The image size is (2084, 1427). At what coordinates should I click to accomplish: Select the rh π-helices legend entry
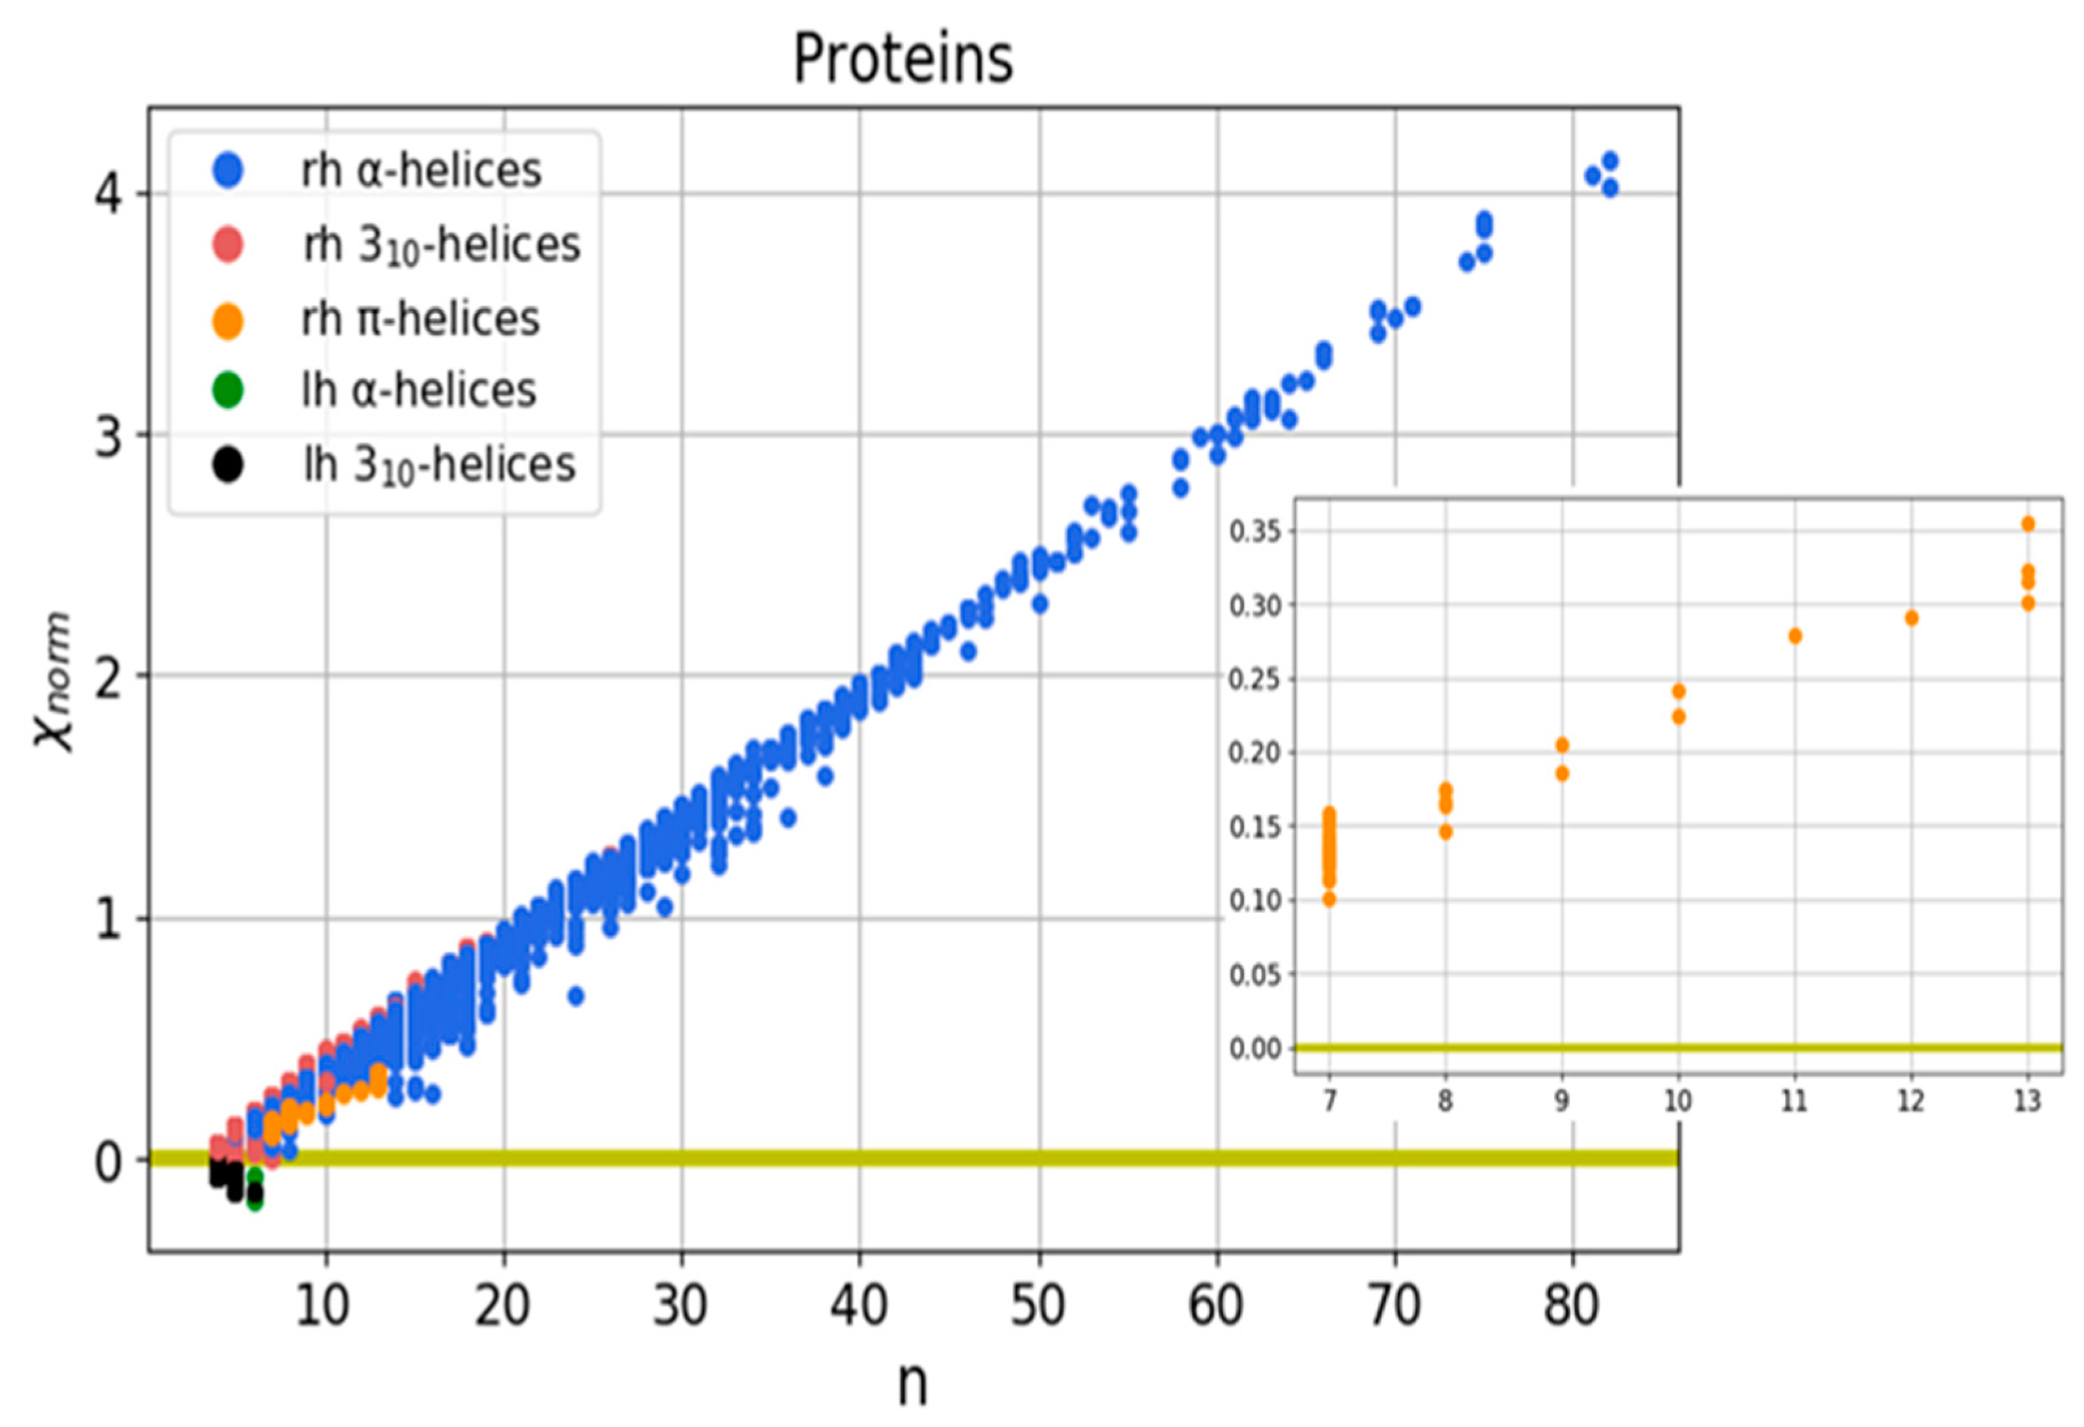coord(420,319)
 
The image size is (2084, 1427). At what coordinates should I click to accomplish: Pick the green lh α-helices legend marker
coord(228,390)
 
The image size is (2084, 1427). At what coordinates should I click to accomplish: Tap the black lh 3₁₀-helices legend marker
coord(228,465)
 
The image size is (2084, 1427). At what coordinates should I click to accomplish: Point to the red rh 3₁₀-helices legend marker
coord(228,244)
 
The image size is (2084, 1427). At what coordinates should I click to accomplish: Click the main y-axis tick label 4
coord(109,194)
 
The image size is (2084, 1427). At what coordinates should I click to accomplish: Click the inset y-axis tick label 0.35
coord(1256,532)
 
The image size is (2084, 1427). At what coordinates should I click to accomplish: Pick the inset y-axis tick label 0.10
coord(1256,901)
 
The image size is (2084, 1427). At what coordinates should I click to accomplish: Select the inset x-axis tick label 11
coord(1795,1101)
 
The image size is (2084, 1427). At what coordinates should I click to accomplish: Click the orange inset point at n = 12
coord(1911,618)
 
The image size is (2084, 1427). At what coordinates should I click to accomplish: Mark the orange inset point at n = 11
coord(1795,636)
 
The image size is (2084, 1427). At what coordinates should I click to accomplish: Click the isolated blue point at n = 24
coord(575,996)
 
